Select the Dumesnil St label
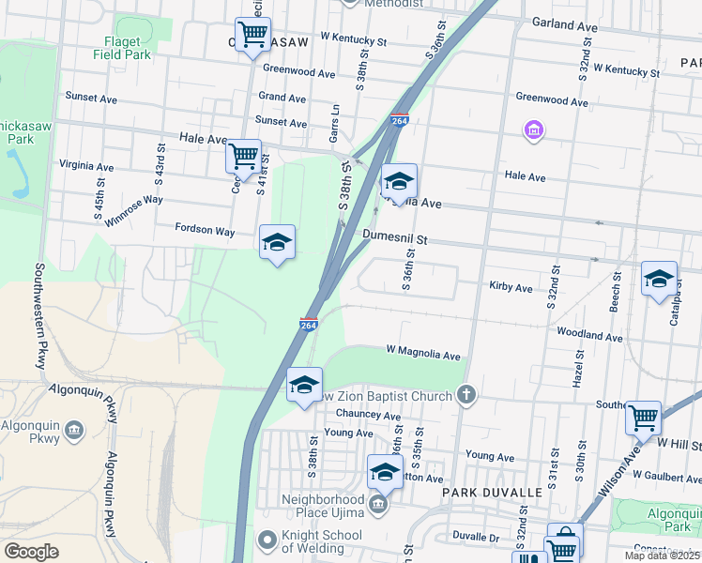pos(395,240)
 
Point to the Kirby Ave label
pos(511,287)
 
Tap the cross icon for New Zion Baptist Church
pos(466,396)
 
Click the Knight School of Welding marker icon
pos(266,541)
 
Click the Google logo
pos(31,552)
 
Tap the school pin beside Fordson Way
pos(277,242)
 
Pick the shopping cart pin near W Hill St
pos(643,418)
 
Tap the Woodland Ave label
pos(589,336)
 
